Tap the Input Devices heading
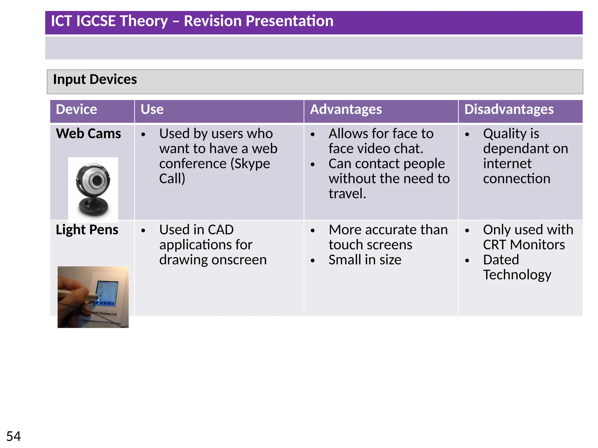[95, 79]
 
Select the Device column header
[76, 109]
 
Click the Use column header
[152, 109]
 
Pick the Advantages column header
[346, 109]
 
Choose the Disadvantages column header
[509, 109]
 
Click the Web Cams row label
[88, 134]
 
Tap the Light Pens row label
[87, 230]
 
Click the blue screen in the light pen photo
[107, 292]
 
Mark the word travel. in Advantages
[347, 194]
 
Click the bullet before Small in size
[313, 260]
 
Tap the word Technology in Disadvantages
[517, 275]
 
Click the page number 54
[13, 436]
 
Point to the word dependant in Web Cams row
[525, 149]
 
